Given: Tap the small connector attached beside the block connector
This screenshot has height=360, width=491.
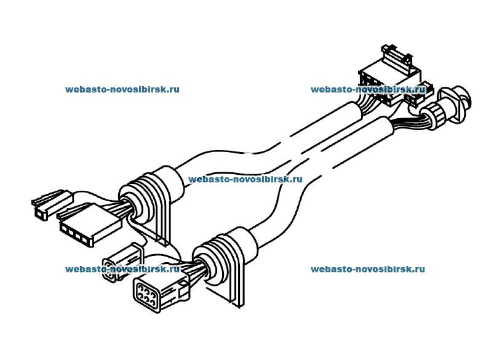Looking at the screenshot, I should point(415,95).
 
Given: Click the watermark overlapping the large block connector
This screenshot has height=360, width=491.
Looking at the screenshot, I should point(367,89).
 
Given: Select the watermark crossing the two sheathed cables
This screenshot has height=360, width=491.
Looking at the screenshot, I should point(245,180).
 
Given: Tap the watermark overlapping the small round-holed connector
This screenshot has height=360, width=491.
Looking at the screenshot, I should point(122,269).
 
